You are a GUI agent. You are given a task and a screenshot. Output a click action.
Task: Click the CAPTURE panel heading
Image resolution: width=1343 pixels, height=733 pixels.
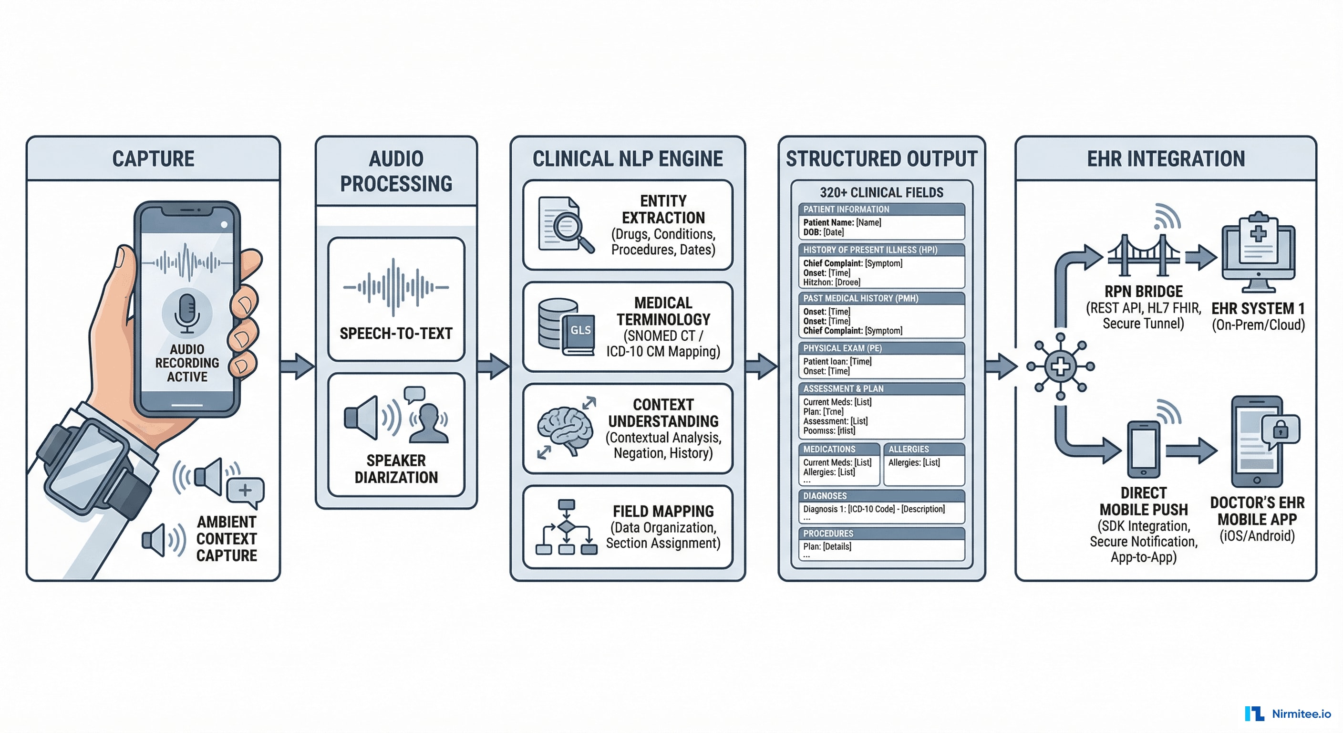pyautogui.click(x=153, y=158)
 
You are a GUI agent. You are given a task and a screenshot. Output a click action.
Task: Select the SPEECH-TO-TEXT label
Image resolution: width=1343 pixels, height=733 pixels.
pyautogui.click(x=396, y=334)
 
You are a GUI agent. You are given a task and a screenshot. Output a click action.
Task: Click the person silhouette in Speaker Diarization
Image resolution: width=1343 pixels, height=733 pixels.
pyautogui.click(x=429, y=424)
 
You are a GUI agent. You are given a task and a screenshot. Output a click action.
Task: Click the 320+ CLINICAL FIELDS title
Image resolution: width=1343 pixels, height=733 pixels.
pyautogui.click(x=881, y=192)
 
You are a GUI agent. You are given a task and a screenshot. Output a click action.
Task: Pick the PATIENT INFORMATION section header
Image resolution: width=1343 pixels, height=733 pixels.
pyautogui.click(x=846, y=209)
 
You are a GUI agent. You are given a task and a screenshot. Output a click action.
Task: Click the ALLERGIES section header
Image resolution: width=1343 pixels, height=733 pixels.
pyautogui.click(x=908, y=449)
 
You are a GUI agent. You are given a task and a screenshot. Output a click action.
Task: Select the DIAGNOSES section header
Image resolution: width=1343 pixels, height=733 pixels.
pyautogui.click(x=825, y=496)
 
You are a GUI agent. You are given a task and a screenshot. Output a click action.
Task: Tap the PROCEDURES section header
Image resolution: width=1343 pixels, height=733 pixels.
pyautogui.click(x=828, y=533)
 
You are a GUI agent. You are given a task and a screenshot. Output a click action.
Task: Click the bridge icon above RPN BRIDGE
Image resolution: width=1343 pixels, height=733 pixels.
pyautogui.click(x=1143, y=256)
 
